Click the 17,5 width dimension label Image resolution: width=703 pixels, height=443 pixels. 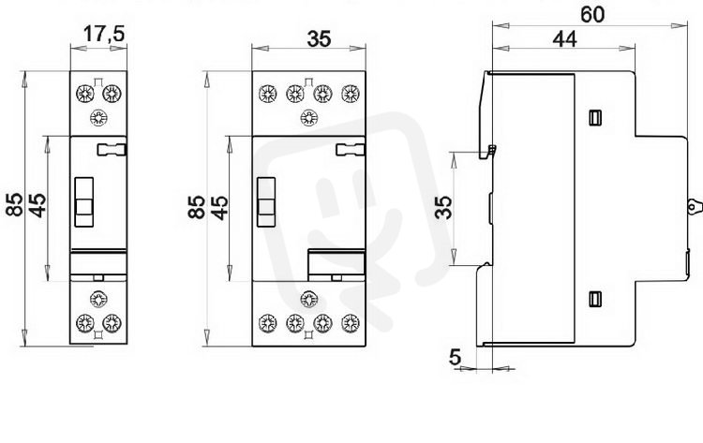coord(103,34)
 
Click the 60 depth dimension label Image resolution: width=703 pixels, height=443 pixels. coord(592,15)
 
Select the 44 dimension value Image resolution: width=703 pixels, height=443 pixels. coord(565,39)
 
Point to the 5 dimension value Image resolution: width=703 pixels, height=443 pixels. coord(455,357)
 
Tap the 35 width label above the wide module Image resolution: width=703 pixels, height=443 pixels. coord(320,39)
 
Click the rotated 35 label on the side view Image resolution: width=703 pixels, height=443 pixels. coord(444,207)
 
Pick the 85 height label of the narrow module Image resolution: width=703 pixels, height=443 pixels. coord(15,205)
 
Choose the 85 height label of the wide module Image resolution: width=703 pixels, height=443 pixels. coord(197,207)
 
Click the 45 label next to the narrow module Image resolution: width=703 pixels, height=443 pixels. coord(37,205)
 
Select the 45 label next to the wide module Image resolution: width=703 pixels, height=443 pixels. coord(220,208)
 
